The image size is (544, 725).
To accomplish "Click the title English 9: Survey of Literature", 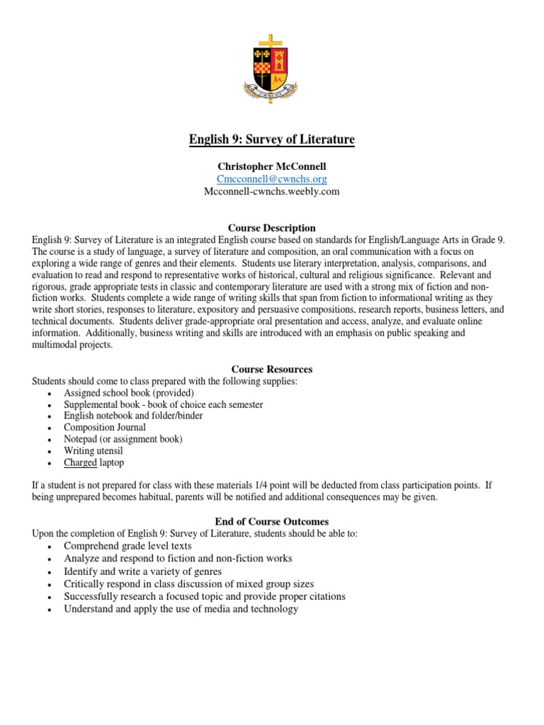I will [272, 139].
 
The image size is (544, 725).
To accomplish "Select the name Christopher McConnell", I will [272, 166].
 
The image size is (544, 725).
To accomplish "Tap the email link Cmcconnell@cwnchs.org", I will [272, 179].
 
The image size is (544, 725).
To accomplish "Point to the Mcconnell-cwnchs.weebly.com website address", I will [272, 191].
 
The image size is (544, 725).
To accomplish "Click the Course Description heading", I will [272, 228].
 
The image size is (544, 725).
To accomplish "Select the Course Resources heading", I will [272, 369].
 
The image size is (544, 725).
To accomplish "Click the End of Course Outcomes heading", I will [272, 521].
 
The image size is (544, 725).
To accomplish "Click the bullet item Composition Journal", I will [105, 427].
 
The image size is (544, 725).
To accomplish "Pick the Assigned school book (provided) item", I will [129, 392].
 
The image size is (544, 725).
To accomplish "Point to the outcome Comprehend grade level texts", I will [127, 547].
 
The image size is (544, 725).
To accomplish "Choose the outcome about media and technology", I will [181, 609].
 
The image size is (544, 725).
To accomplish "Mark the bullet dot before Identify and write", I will [48, 572].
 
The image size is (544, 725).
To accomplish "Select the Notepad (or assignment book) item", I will [123, 439].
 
